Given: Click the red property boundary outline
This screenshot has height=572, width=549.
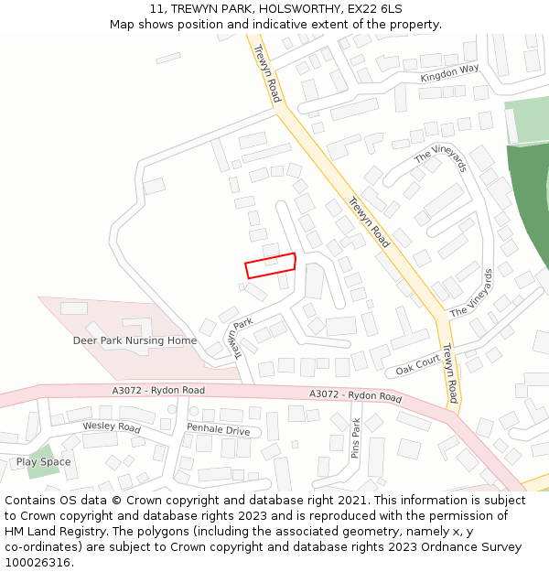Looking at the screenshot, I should click(x=270, y=265).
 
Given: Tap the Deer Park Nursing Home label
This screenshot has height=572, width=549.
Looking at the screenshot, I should click(x=135, y=340).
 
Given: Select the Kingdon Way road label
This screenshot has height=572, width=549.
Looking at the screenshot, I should click(x=449, y=73).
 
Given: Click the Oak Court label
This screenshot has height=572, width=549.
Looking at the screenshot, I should click(x=418, y=364).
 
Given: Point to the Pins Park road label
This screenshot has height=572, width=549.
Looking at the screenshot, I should click(x=357, y=438).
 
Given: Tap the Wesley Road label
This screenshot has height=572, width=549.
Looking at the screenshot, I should click(x=112, y=427).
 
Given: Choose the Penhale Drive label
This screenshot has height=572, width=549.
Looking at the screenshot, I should click(x=218, y=430).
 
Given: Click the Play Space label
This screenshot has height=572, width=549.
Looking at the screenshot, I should click(x=43, y=462).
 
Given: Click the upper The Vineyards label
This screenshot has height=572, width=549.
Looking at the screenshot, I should click(x=441, y=160).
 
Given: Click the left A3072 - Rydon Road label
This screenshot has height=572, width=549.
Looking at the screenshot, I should click(x=158, y=391).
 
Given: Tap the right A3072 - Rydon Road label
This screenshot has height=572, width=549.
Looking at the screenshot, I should click(x=355, y=395).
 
